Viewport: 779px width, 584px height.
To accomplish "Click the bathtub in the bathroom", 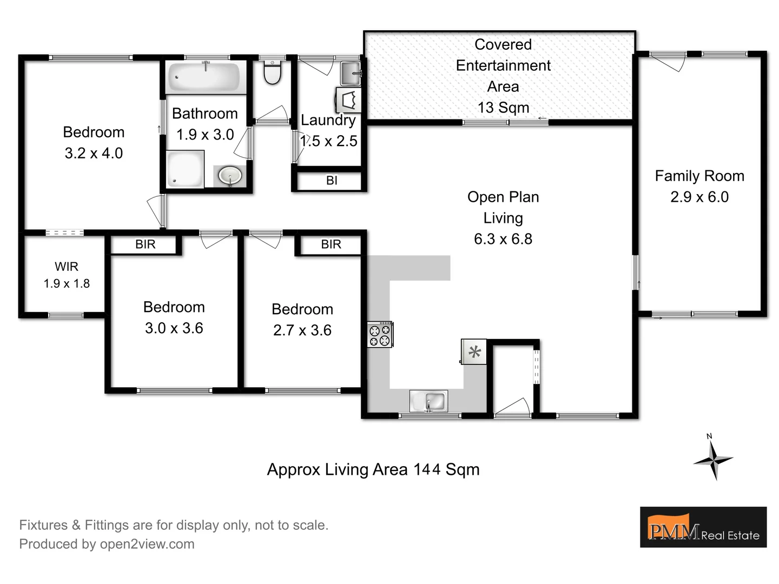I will point(203,77).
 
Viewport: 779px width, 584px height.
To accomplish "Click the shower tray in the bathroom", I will point(184,169).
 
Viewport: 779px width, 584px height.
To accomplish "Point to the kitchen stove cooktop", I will point(380,334).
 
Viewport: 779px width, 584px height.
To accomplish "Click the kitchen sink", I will point(428,401).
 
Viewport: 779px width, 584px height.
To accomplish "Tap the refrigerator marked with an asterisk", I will point(474,352).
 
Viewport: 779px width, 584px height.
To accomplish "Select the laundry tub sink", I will point(351,73).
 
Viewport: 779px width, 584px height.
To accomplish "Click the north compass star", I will point(713,460).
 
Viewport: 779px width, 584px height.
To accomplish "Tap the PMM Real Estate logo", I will point(703,527).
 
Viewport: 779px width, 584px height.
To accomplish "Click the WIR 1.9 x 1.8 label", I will point(67,275).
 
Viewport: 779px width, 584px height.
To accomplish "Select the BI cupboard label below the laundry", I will point(332,181).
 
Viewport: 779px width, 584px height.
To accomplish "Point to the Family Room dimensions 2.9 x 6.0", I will point(699,197).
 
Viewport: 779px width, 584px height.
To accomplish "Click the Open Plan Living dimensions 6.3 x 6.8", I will point(503,239).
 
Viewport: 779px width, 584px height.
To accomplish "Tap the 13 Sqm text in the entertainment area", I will point(503,108).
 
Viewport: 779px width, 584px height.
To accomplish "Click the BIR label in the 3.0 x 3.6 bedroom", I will point(145,244).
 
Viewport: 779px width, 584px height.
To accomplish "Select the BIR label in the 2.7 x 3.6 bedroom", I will point(331,244).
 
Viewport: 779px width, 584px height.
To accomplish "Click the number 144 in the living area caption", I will point(427,469).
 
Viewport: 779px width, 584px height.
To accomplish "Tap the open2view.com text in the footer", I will point(147,544).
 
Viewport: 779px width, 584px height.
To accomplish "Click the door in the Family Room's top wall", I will point(668,61).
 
